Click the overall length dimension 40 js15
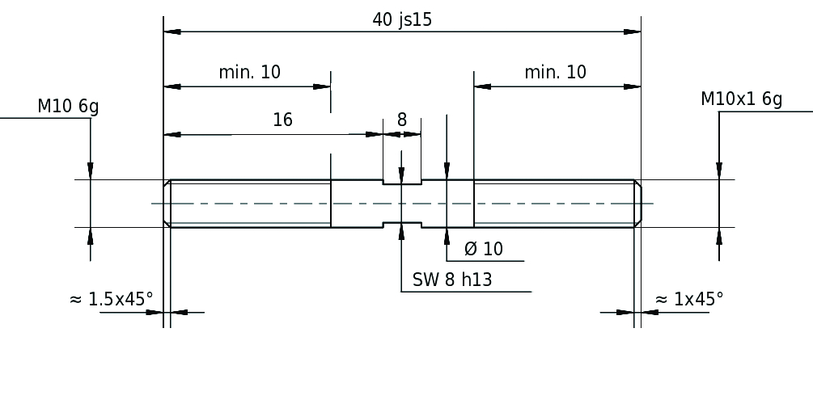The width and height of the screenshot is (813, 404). click(402, 20)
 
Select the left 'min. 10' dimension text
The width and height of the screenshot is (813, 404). click(249, 72)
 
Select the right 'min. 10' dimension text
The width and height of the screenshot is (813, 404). click(555, 72)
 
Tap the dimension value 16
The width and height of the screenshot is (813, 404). click(282, 120)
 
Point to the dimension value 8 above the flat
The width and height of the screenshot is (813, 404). click(402, 120)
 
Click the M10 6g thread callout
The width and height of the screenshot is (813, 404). click(68, 106)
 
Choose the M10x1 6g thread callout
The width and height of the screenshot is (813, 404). click(742, 99)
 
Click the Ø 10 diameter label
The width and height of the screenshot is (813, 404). click(483, 249)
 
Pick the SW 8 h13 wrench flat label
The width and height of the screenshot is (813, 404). click(452, 280)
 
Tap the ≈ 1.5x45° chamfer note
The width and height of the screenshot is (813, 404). click(111, 299)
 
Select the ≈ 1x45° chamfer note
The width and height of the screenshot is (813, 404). click(689, 299)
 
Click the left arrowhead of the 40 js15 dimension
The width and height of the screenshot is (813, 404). click(172, 32)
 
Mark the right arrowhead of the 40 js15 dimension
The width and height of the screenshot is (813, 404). click(632, 32)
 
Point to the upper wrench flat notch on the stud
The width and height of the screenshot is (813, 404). click(402, 182)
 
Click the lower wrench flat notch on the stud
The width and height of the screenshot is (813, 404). click(402, 225)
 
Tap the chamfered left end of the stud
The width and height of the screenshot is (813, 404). click(167, 204)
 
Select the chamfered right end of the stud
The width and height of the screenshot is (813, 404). click(637, 204)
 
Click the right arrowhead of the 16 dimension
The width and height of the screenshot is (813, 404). click(375, 135)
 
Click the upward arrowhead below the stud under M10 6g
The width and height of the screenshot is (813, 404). click(91, 236)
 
